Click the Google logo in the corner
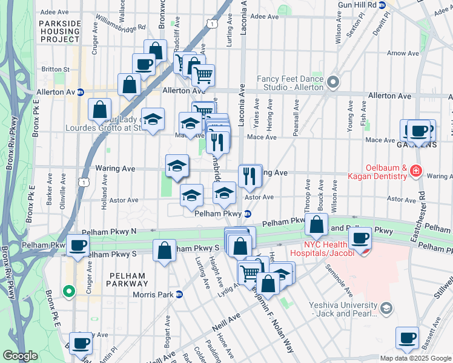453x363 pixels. [x=20, y=356]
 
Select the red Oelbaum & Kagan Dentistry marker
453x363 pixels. [x=415, y=172]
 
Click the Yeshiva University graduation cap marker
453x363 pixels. [x=385, y=309]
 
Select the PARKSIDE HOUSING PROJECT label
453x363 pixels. [x=60, y=31]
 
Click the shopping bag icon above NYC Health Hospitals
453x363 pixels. [x=316, y=226]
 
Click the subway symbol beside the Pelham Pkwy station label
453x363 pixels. [x=248, y=214]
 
